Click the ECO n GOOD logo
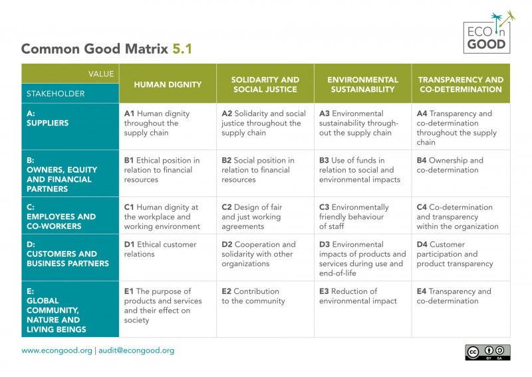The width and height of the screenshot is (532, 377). pos(488,33)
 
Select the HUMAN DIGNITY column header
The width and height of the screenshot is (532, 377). pos(168,84)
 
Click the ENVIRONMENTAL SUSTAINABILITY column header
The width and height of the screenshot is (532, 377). pos(362,84)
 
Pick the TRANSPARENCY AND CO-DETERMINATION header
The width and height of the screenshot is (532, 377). pos(460,84)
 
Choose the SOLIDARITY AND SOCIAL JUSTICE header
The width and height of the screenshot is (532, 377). pos(265,84)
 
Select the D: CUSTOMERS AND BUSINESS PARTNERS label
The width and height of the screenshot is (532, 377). pos(67,254)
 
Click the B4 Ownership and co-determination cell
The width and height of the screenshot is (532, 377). pos(460,165)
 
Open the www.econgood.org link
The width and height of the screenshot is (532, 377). pos(57,350)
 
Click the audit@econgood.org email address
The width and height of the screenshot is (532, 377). pos(136,350)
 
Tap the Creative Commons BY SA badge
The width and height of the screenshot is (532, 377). pos(487,352)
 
